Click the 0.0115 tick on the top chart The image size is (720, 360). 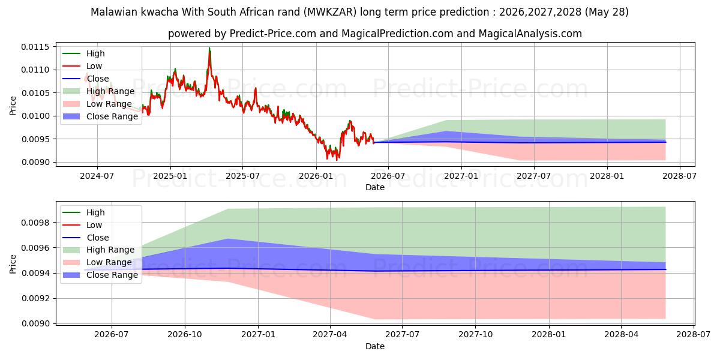[35, 47]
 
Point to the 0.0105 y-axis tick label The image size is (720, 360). [35, 93]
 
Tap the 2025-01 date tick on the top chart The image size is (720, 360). [170, 176]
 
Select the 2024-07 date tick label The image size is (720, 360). [97, 176]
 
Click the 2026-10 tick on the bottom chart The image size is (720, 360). [185, 335]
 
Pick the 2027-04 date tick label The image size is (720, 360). [330, 335]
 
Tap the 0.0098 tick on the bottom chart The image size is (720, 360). [35, 223]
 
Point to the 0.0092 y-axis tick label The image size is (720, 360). [35, 299]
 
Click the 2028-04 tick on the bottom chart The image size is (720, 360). [622, 335]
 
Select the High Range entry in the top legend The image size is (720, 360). [99, 91]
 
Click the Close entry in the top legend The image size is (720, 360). [86, 79]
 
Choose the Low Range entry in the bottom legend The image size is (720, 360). [98, 262]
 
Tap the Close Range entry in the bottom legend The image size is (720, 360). [100, 275]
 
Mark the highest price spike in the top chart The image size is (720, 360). [209, 48]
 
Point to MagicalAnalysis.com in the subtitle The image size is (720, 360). [530, 34]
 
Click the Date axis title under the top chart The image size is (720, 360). [375, 187]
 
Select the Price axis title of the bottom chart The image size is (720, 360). [13, 264]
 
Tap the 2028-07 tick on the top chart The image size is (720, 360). [680, 176]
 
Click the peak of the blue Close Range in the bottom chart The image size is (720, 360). [228, 239]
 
